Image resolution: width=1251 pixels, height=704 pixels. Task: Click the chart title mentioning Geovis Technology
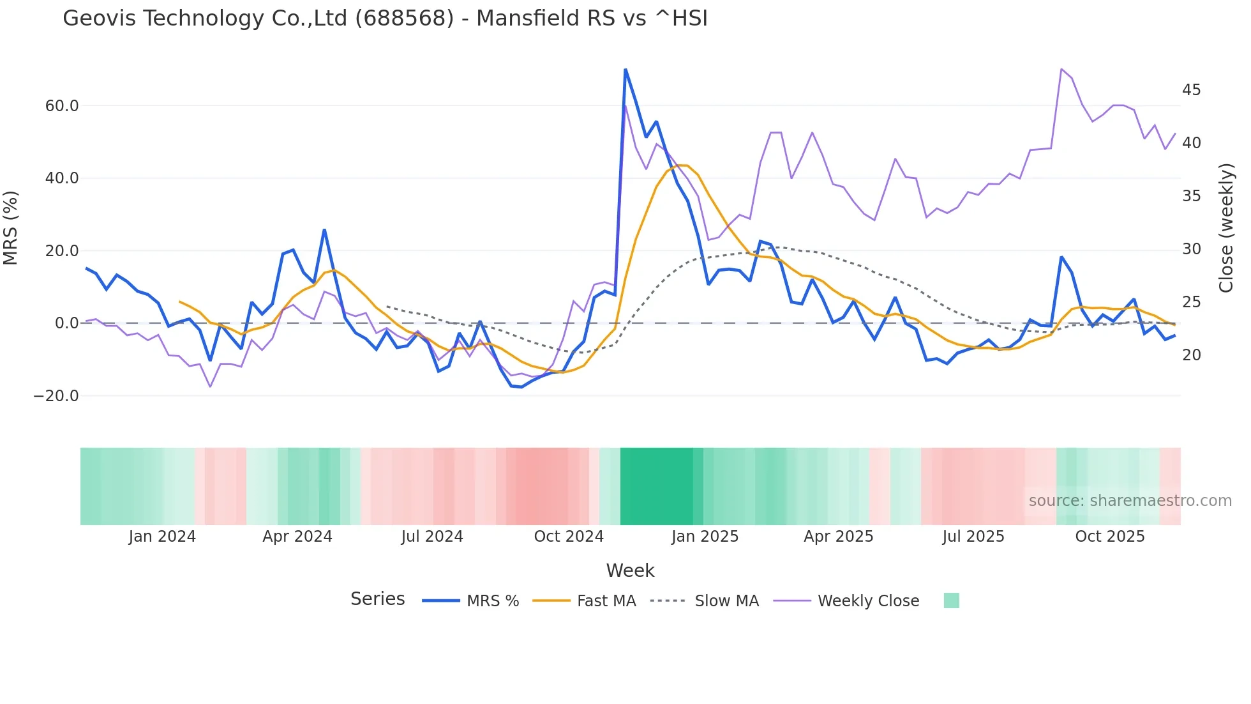[385, 19]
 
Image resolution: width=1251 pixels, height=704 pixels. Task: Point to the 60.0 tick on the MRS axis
[62, 106]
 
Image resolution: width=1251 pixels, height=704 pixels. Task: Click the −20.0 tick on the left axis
[56, 396]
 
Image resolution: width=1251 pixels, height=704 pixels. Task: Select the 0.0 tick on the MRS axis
[66, 323]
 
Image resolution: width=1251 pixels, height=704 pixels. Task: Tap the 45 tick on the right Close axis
[1191, 90]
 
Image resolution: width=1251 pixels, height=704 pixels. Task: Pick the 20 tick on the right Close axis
[1191, 355]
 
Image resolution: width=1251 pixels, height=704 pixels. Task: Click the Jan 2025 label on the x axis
[705, 537]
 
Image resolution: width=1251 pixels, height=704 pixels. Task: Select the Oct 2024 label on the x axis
[569, 537]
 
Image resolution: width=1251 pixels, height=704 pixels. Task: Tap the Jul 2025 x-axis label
[973, 537]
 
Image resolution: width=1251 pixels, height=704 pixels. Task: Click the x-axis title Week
[630, 570]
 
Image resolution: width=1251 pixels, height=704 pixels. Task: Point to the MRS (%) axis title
[11, 228]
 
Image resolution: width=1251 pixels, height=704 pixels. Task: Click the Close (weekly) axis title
[1226, 228]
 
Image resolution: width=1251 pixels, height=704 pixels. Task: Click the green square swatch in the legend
[951, 601]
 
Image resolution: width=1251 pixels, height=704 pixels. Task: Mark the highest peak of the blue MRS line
[625, 70]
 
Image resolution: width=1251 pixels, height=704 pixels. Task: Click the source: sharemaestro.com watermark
[1130, 501]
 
